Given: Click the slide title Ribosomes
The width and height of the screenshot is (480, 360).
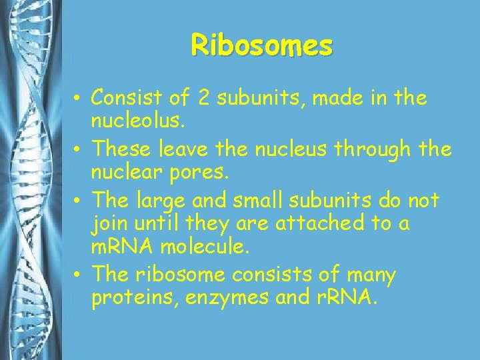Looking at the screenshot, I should [x=261, y=45].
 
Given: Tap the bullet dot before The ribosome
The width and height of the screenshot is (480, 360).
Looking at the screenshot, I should [x=79, y=275].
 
